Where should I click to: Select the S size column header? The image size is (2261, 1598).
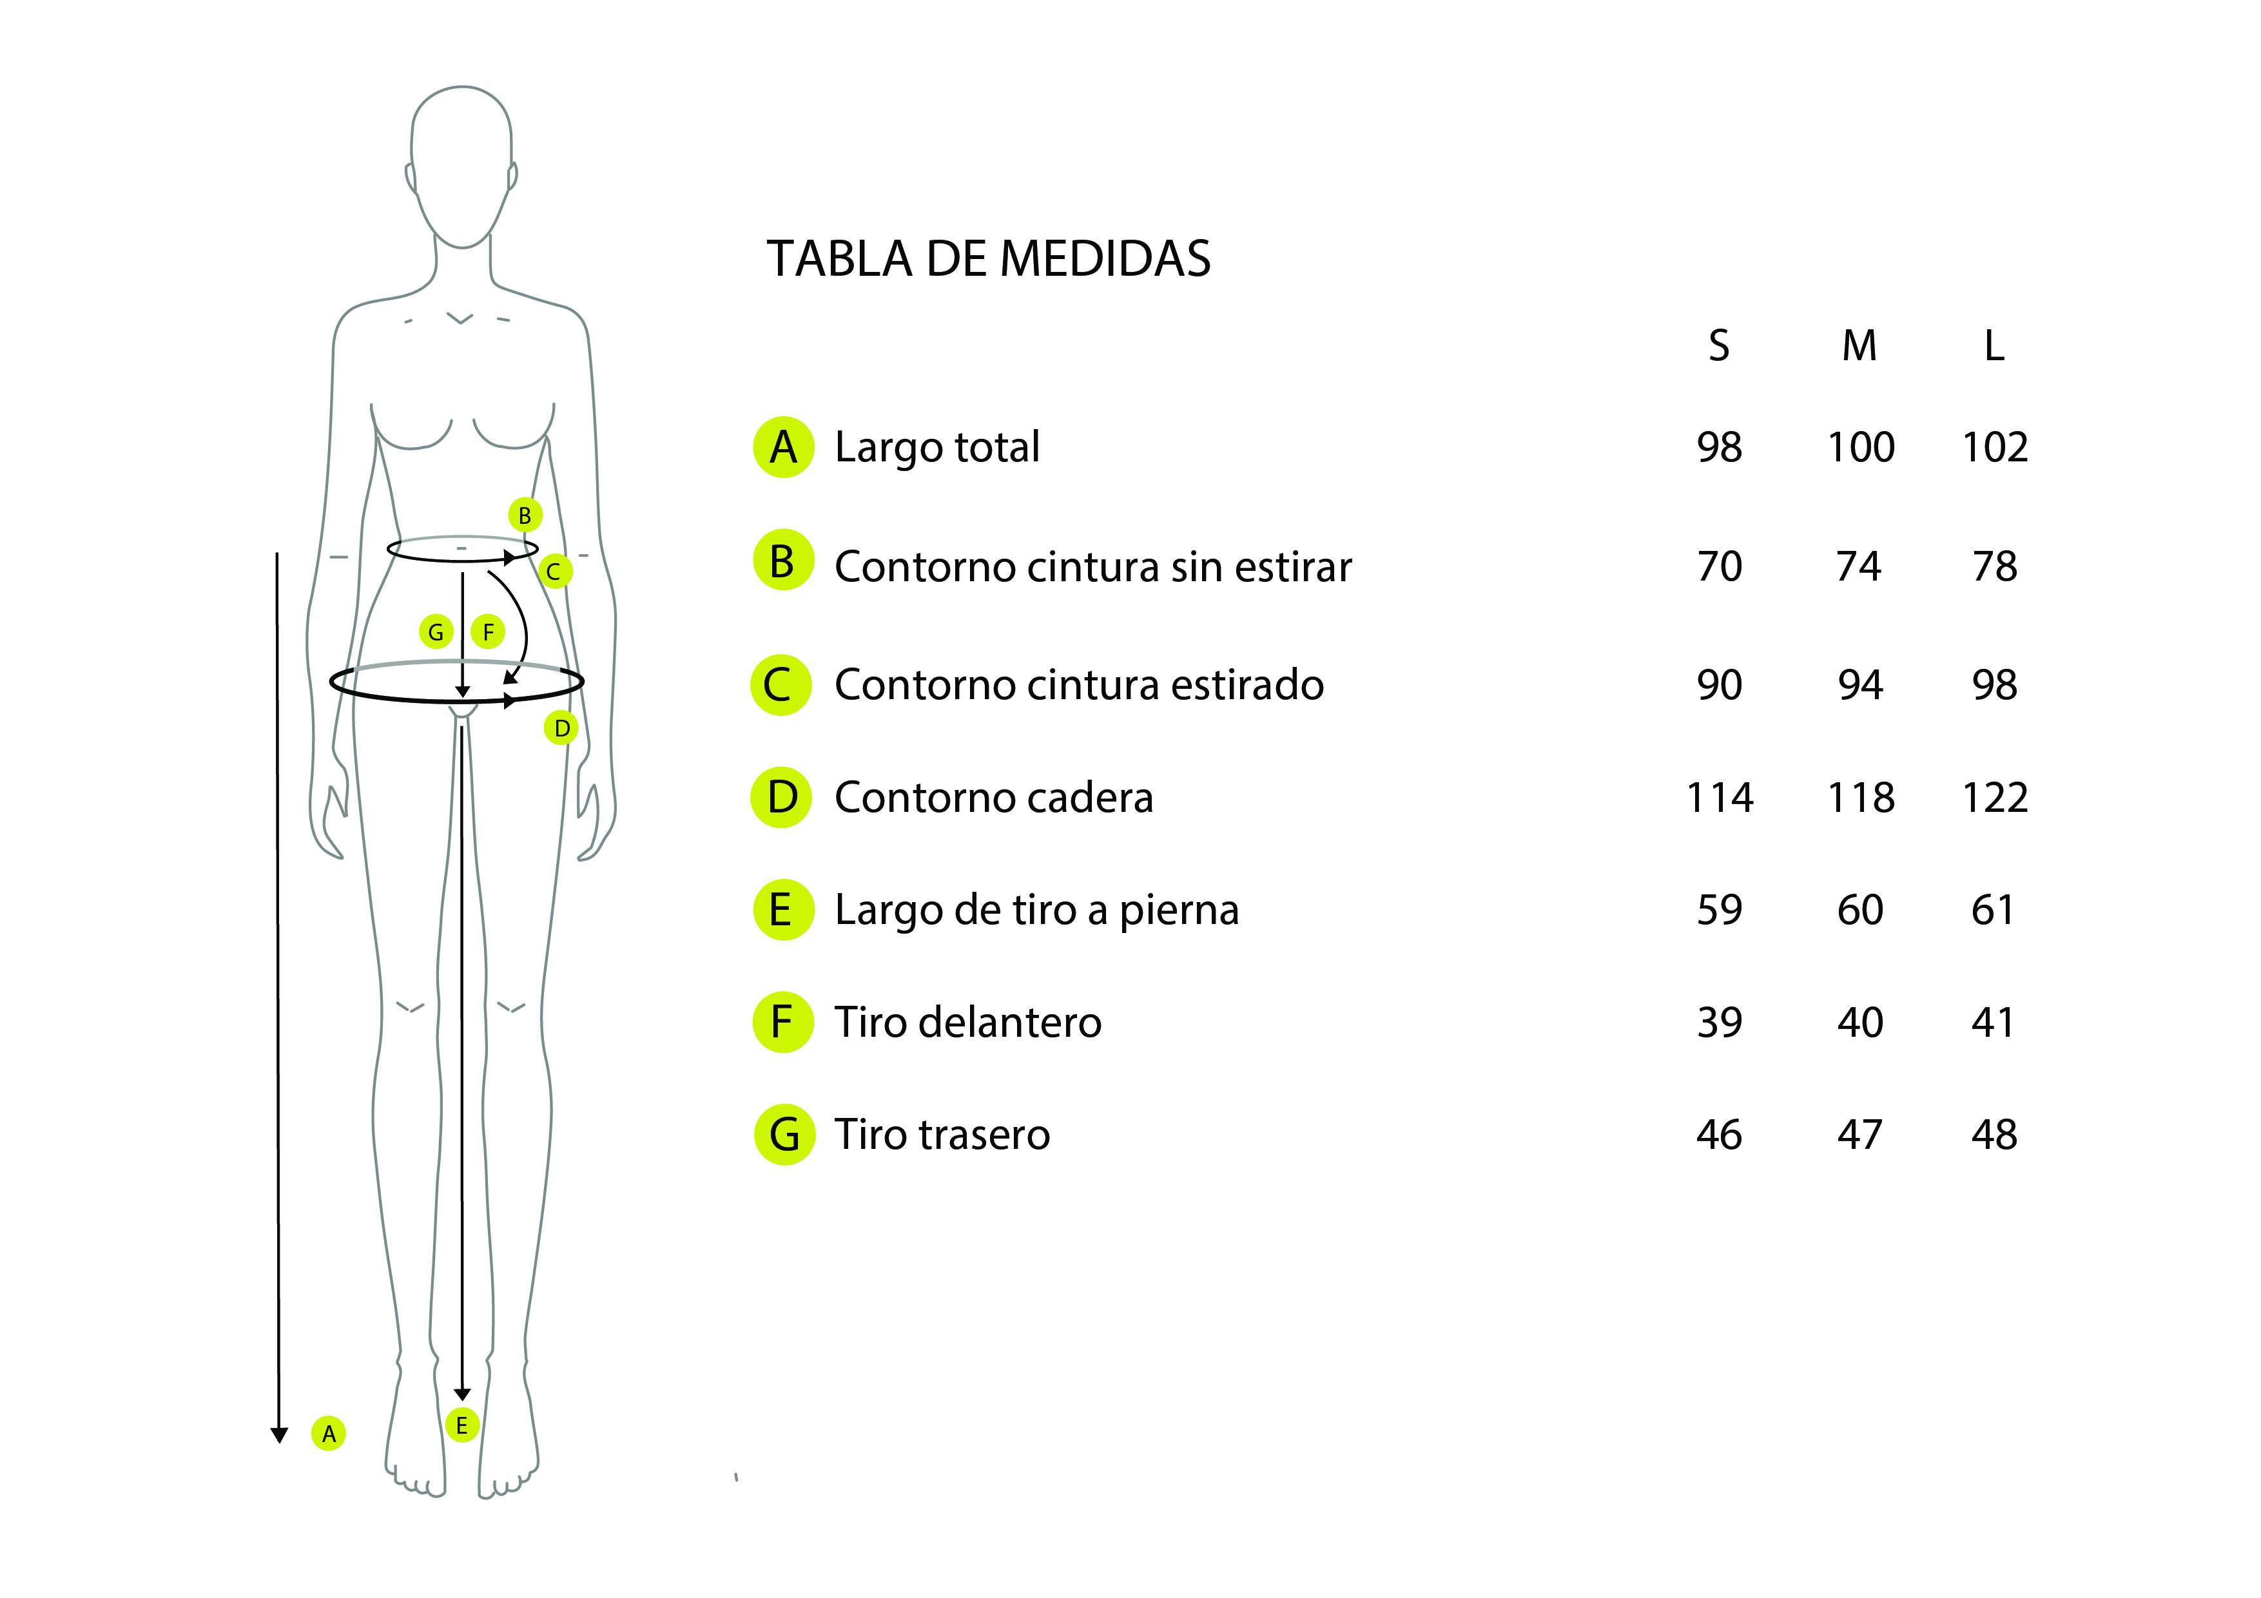[1718, 345]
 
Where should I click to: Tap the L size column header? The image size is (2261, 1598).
[1994, 345]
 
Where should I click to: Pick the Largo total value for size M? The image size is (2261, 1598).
[1860, 447]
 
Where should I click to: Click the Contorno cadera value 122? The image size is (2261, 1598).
[1995, 798]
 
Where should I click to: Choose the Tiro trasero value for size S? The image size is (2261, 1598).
[1718, 1134]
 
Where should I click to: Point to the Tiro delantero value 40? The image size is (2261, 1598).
[1860, 1022]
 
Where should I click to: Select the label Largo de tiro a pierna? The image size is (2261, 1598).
[1036, 910]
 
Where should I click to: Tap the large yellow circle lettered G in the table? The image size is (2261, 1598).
[784, 1134]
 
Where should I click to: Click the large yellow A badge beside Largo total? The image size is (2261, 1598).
[784, 447]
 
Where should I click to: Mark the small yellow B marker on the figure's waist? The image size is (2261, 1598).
[525, 515]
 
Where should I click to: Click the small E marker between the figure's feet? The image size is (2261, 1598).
[462, 1425]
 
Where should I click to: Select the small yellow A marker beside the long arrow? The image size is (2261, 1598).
[329, 1434]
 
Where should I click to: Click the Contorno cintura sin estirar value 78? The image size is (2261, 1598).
[1995, 566]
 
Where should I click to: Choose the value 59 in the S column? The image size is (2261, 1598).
[1718, 910]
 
